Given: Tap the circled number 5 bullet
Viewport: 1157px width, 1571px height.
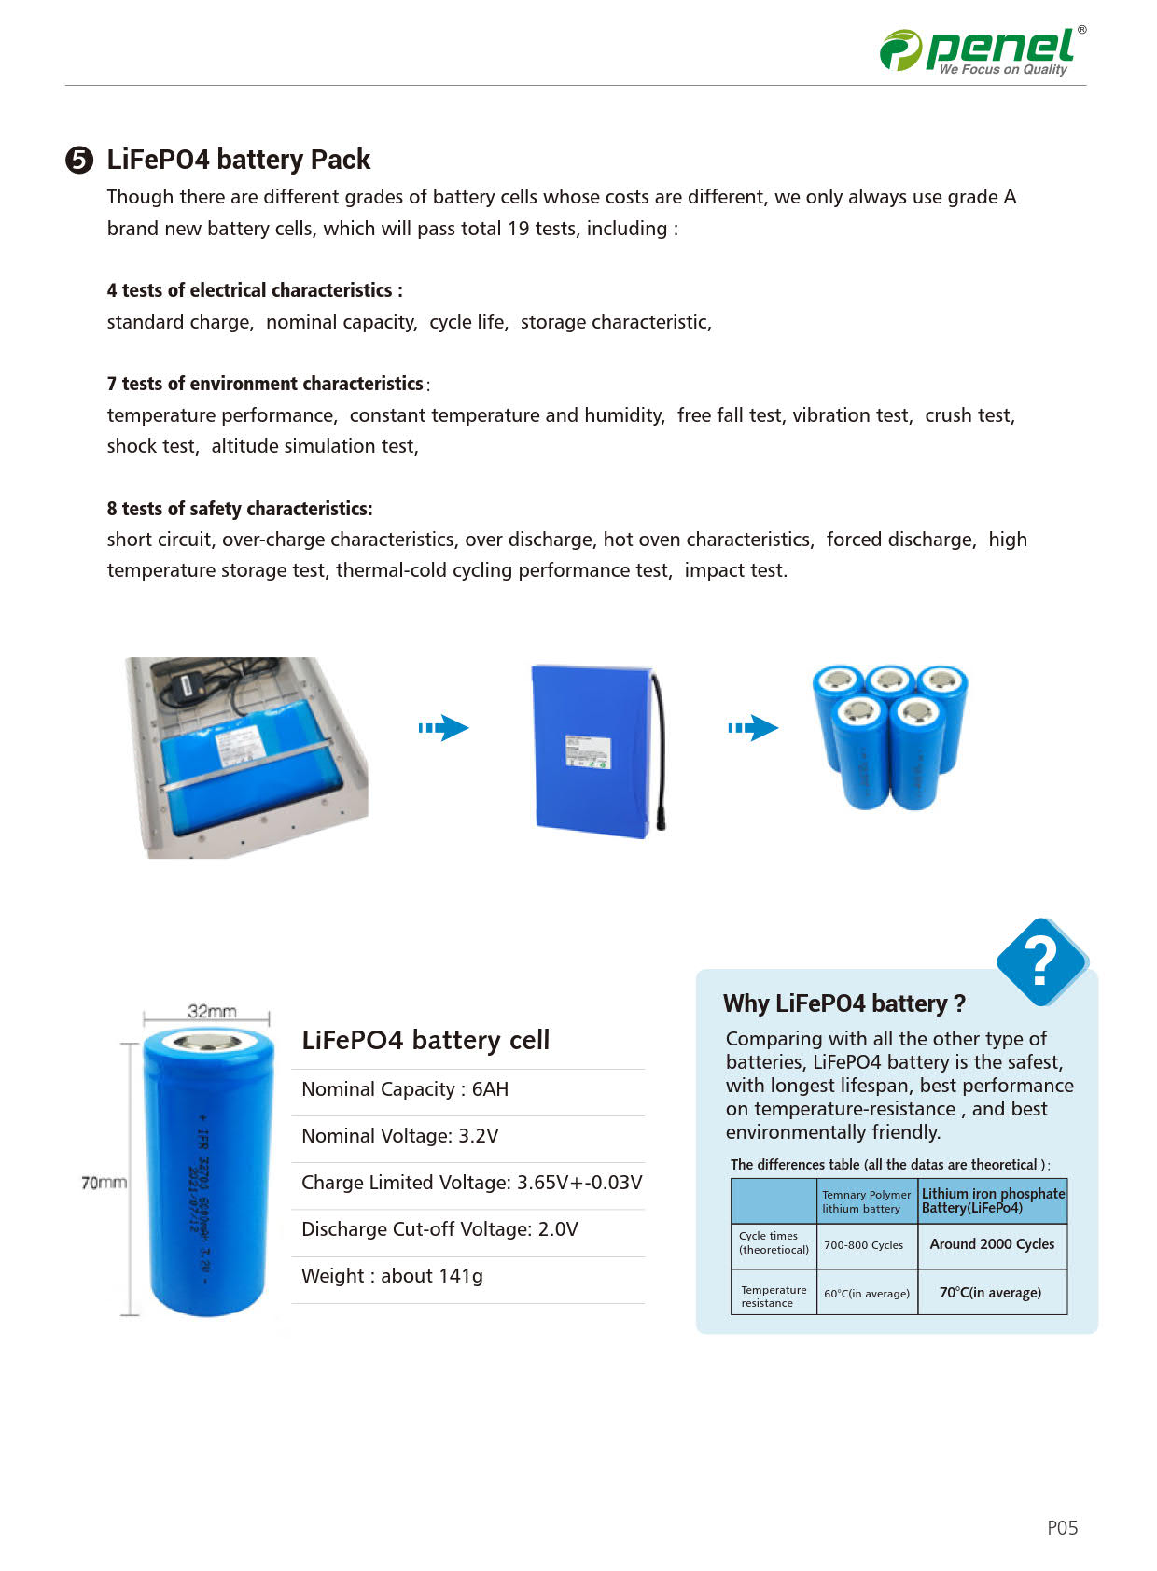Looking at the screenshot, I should [x=79, y=161].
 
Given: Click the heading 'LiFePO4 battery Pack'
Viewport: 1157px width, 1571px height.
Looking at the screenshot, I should [x=238, y=160].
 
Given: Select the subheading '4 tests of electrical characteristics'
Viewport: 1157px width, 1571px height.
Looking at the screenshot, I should [x=254, y=290].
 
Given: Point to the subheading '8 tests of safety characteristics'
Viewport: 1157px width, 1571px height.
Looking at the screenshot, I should [x=239, y=509].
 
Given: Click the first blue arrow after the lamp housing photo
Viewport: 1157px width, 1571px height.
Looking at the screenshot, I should [x=443, y=728].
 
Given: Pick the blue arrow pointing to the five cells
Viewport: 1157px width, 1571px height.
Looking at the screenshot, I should [x=753, y=728].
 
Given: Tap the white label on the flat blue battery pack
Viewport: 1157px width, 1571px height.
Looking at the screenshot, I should [x=588, y=751].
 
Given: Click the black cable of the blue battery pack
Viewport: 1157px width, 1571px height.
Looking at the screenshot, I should [x=660, y=747].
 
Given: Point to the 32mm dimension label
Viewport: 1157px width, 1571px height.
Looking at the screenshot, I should [x=212, y=1011].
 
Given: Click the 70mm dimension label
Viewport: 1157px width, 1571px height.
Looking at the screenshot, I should [x=104, y=1183].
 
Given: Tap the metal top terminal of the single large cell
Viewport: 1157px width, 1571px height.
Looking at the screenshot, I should [x=208, y=1042].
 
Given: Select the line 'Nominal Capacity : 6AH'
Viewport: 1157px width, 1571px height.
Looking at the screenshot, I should [x=405, y=1089].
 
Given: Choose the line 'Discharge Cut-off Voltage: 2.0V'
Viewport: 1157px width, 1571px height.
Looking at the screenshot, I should [x=439, y=1229].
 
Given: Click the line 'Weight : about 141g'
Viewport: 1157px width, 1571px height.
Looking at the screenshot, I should [x=392, y=1276].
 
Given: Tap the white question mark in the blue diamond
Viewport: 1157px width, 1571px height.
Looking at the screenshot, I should [x=1040, y=961].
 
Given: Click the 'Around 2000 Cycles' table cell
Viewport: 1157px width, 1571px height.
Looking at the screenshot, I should [x=992, y=1244].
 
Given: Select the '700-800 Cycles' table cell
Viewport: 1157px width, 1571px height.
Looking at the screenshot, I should [x=863, y=1245].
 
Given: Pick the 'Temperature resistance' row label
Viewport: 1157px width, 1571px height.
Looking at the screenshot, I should [x=773, y=1297].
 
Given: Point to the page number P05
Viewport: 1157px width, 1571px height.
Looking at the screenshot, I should [x=1062, y=1528].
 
